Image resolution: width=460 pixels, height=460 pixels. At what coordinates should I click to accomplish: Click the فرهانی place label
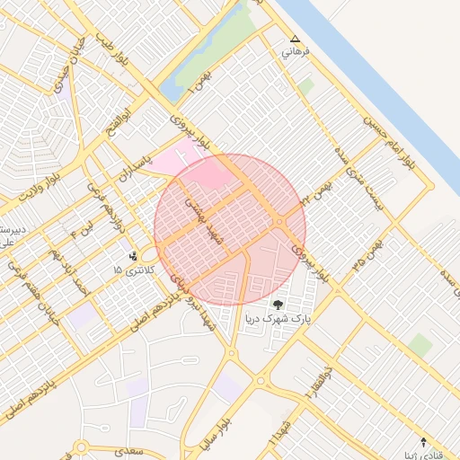click(x=296, y=52)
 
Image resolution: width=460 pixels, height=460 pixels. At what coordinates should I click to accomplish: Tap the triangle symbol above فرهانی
click(x=296, y=39)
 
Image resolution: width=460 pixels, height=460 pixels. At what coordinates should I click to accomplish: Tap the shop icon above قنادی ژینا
click(x=424, y=442)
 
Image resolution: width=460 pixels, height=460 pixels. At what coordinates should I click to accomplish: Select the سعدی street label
click(x=134, y=448)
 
